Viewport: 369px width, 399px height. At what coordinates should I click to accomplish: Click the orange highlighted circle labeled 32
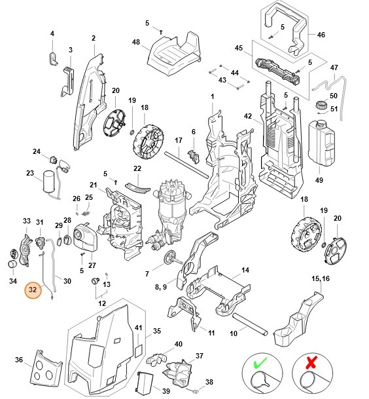coord(33,289)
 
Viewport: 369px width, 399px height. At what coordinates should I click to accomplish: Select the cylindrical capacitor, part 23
coord(50,180)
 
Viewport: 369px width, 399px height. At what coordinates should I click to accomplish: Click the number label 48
coord(136,42)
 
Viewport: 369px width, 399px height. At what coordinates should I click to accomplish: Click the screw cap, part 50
coord(321,105)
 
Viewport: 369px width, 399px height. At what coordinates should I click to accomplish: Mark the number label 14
coord(245,270)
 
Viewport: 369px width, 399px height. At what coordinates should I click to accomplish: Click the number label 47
coord(334,67)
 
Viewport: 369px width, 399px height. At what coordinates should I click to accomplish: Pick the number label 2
coord(93,38)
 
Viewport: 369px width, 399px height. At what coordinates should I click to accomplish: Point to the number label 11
coord(211,333)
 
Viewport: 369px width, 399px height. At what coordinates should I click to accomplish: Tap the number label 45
coord(239,47)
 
